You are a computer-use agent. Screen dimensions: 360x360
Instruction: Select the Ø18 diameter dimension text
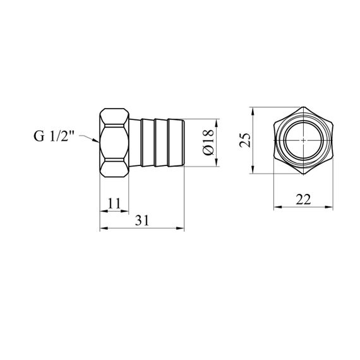pos(208,143)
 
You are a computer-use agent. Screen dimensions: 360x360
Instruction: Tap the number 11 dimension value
pos(114,203)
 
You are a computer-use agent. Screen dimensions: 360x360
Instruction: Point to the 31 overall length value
pos(142,220)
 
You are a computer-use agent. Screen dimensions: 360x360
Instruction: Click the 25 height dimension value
pos(244,140)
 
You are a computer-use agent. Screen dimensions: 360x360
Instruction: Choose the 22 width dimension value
pos(303,200)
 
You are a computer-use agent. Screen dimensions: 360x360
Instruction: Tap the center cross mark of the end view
pos(303,140)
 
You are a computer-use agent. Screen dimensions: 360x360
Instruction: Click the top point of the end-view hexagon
pos(303,107)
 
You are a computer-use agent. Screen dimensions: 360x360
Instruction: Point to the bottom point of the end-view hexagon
pos(303,174)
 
